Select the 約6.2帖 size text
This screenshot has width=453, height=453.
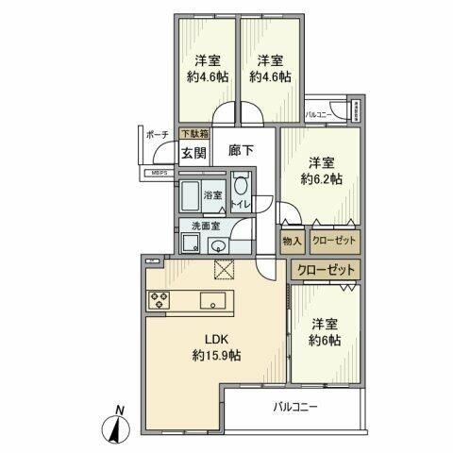coord(320,178)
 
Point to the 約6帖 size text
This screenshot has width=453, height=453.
coord(324,340)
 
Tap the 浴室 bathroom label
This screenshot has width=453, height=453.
coord(213,196)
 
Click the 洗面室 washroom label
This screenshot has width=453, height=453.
coord(205,226)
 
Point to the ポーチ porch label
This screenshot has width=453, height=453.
coord(157,135)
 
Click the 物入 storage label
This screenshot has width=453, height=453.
coord(292,242)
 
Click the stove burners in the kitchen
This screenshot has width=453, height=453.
coord(159,301)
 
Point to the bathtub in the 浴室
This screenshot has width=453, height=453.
coord(193,196)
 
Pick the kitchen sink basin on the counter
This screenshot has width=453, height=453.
coord(213,301)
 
